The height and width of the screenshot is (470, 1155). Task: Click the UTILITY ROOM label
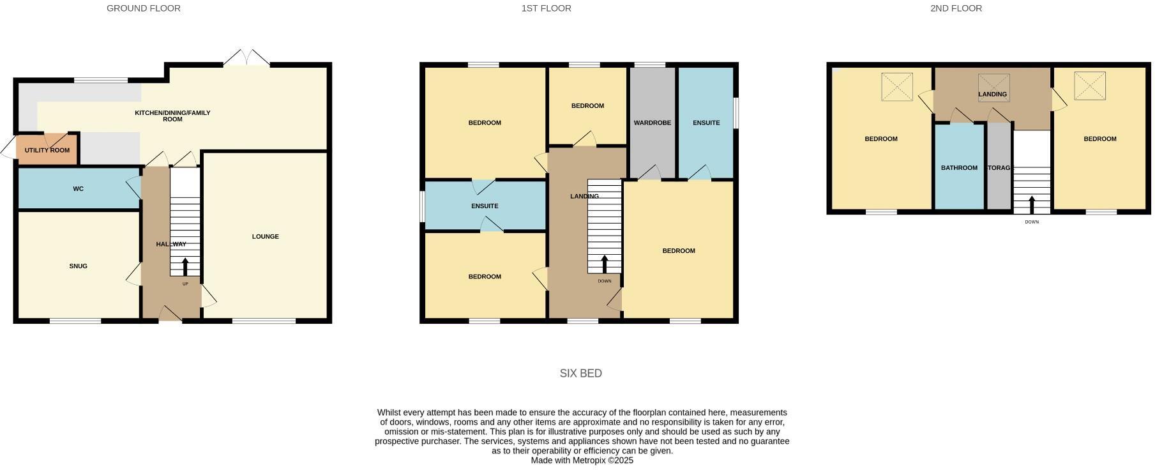click(x=47, y=151)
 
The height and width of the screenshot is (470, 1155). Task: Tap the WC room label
click(x=79, y=189)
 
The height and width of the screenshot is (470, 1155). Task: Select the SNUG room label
click(x=79, y=266)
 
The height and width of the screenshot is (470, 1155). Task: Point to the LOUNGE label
click(x=265, y=237)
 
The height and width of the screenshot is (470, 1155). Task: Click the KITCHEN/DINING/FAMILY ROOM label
click(x=172, y=116)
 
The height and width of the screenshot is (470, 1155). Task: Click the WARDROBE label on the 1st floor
click(x=652, y=123)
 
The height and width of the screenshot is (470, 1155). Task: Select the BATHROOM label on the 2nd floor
click(x=959, y=168)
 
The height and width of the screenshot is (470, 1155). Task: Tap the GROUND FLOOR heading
click(x=144, y=8)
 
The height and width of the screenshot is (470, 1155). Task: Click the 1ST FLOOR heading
click(x=546, y=8)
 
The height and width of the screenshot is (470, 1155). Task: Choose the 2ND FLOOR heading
click(x=956, y=8)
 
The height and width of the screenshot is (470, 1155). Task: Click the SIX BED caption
click(x=580, y=374)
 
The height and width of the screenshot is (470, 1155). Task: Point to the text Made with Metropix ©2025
click(x=582, y=460)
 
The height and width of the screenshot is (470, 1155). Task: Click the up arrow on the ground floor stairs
click(x=186, y=266)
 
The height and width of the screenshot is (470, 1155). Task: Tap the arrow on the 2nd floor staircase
click(x=1032, y=205)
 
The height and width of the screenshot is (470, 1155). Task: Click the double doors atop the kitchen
click(x=246, y=58)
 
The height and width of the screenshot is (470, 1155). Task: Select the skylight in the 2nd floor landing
click(x=993, y=87)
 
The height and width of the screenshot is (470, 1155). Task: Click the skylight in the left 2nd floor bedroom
click(x=897, y=87)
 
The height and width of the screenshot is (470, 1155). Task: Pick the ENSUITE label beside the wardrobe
click(x=706, y=123)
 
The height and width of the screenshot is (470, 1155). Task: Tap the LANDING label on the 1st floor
click(x=584, y=197)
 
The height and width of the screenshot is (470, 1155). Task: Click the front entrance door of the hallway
click(x=170, y=314)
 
